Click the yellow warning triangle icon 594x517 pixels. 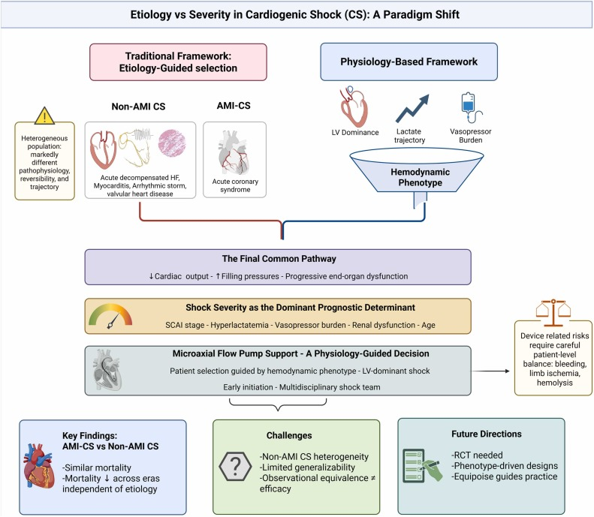click(44, 116)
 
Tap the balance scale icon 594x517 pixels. click(553, 313)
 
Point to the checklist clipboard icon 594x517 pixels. click(422, 465)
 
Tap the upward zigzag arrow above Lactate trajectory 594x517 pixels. click(412, 109)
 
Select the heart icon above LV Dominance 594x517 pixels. click(354, 107)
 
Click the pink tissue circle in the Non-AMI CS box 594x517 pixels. click(172, 143)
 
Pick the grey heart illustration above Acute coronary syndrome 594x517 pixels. click(234, 152)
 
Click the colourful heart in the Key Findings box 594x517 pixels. click(38, 466)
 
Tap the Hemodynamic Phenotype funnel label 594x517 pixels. click(420, 177)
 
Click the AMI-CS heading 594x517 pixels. click(234, 106)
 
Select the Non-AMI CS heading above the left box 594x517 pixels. click(138, 107)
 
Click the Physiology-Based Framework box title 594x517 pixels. click(409, 62)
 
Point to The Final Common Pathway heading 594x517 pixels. click(279, 259)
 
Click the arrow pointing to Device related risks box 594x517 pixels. click(490, 371)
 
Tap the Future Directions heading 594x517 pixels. click(487, 434)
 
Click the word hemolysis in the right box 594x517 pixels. click(555, 383)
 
